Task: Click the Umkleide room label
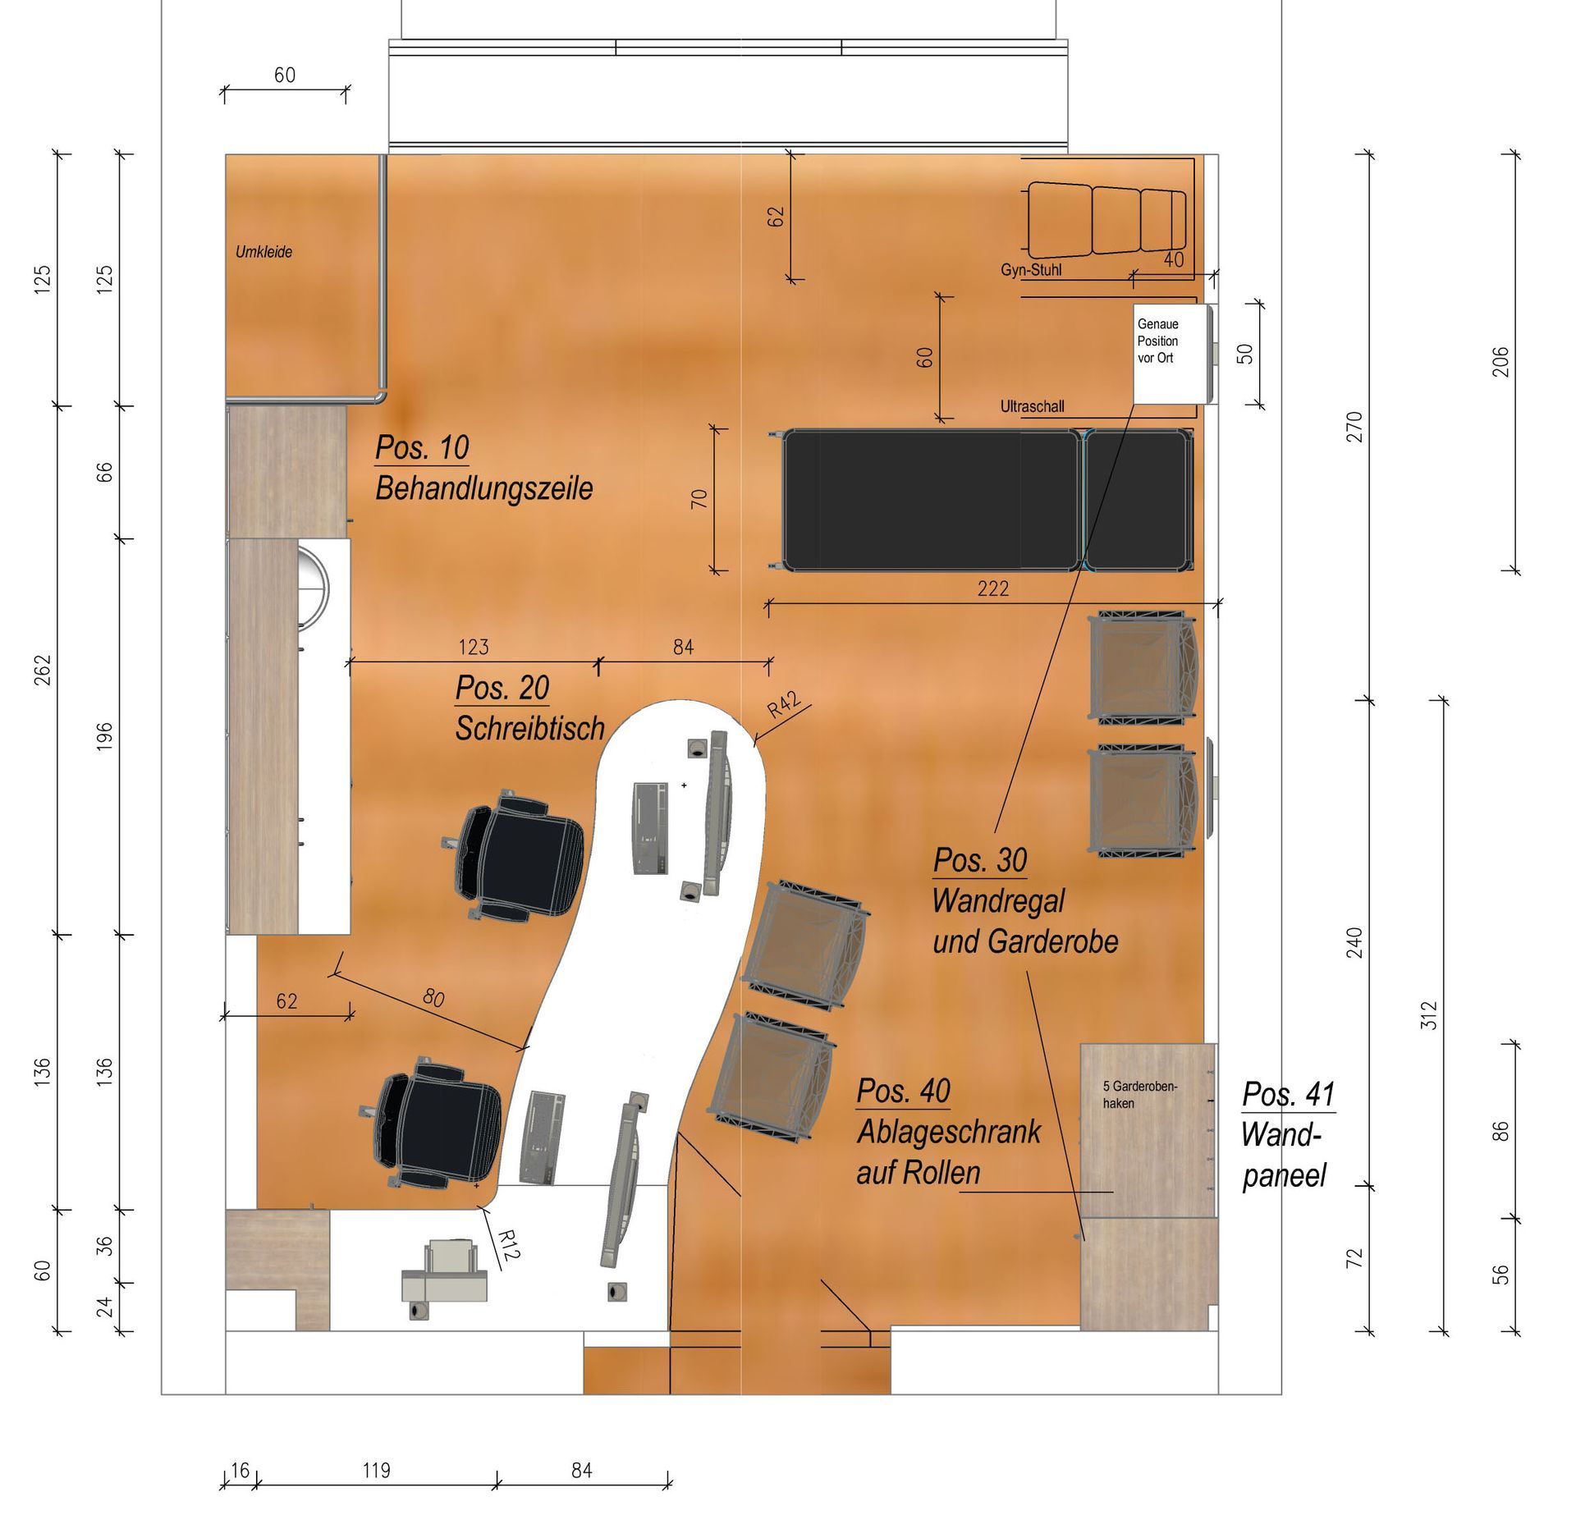(x=263, y=252)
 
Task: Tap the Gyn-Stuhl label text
(x=1032, y=270)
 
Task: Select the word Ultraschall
(x=1032, y=406)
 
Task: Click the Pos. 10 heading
(x=422, y=448)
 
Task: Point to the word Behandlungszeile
(x=484, y=489)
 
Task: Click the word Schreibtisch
(x=530, y=729)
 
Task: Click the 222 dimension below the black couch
(x=992, y=588)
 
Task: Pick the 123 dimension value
(x=474, y=648)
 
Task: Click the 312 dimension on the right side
(x=1429, y=1015)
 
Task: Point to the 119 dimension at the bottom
(x=376, y=1470)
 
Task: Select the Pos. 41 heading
(x=1289, y=1094)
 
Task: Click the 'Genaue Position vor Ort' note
(x=1157, y=341)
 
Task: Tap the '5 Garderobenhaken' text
(x=1140, y=1095)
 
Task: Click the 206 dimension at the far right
(x=1500, y=362)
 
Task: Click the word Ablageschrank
(x=948, y=1133)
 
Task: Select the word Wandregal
(x=998, y=901)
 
